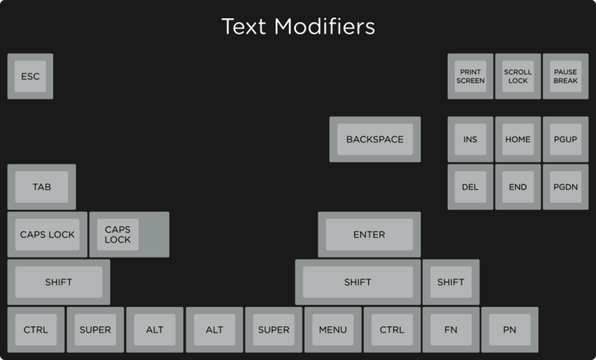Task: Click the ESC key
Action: (30, 76)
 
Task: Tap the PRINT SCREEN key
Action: (471, 76)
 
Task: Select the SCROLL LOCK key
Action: (518, 76)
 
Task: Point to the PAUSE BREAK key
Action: (565, 76)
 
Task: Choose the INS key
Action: (470, 139)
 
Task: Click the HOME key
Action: (518, 139)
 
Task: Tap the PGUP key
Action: (565, 139)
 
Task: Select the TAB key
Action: (42, 187)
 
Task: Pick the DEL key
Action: (470, 187)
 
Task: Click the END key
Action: (518, 187)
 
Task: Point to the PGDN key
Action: (565, 187)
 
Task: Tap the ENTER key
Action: (369, 234)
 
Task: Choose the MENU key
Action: (333, 329)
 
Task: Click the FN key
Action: (451, 329)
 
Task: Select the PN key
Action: (510, 329)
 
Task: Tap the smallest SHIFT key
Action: (450, 282)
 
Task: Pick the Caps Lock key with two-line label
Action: (118, 234)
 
